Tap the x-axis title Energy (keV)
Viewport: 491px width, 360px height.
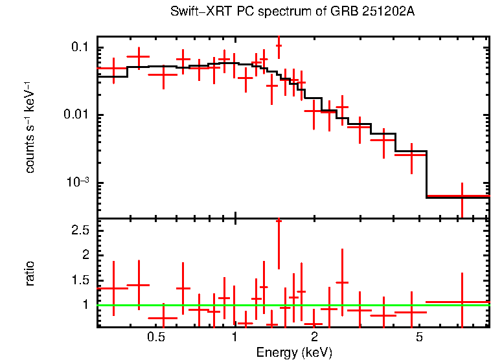click(294, 352)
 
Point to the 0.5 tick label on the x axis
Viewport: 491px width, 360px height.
click(155, 337)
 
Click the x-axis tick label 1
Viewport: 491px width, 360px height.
click(234, 337)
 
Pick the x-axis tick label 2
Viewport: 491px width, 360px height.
click(314, 337)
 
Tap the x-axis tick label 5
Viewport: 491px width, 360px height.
click(419, 337)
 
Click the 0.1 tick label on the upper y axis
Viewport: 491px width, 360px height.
click(80, 48)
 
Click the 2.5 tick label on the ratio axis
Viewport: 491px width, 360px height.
click(80, 231)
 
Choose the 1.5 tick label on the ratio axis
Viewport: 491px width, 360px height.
click(80, 280)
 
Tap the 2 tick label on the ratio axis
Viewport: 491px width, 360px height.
click(85, 255)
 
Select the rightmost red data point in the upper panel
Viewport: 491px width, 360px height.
click(462, 196)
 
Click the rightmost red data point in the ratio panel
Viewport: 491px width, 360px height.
click(462, 302)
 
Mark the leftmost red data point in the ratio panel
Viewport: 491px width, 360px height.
click(113, 288)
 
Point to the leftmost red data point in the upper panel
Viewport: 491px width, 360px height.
click(113, 68)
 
